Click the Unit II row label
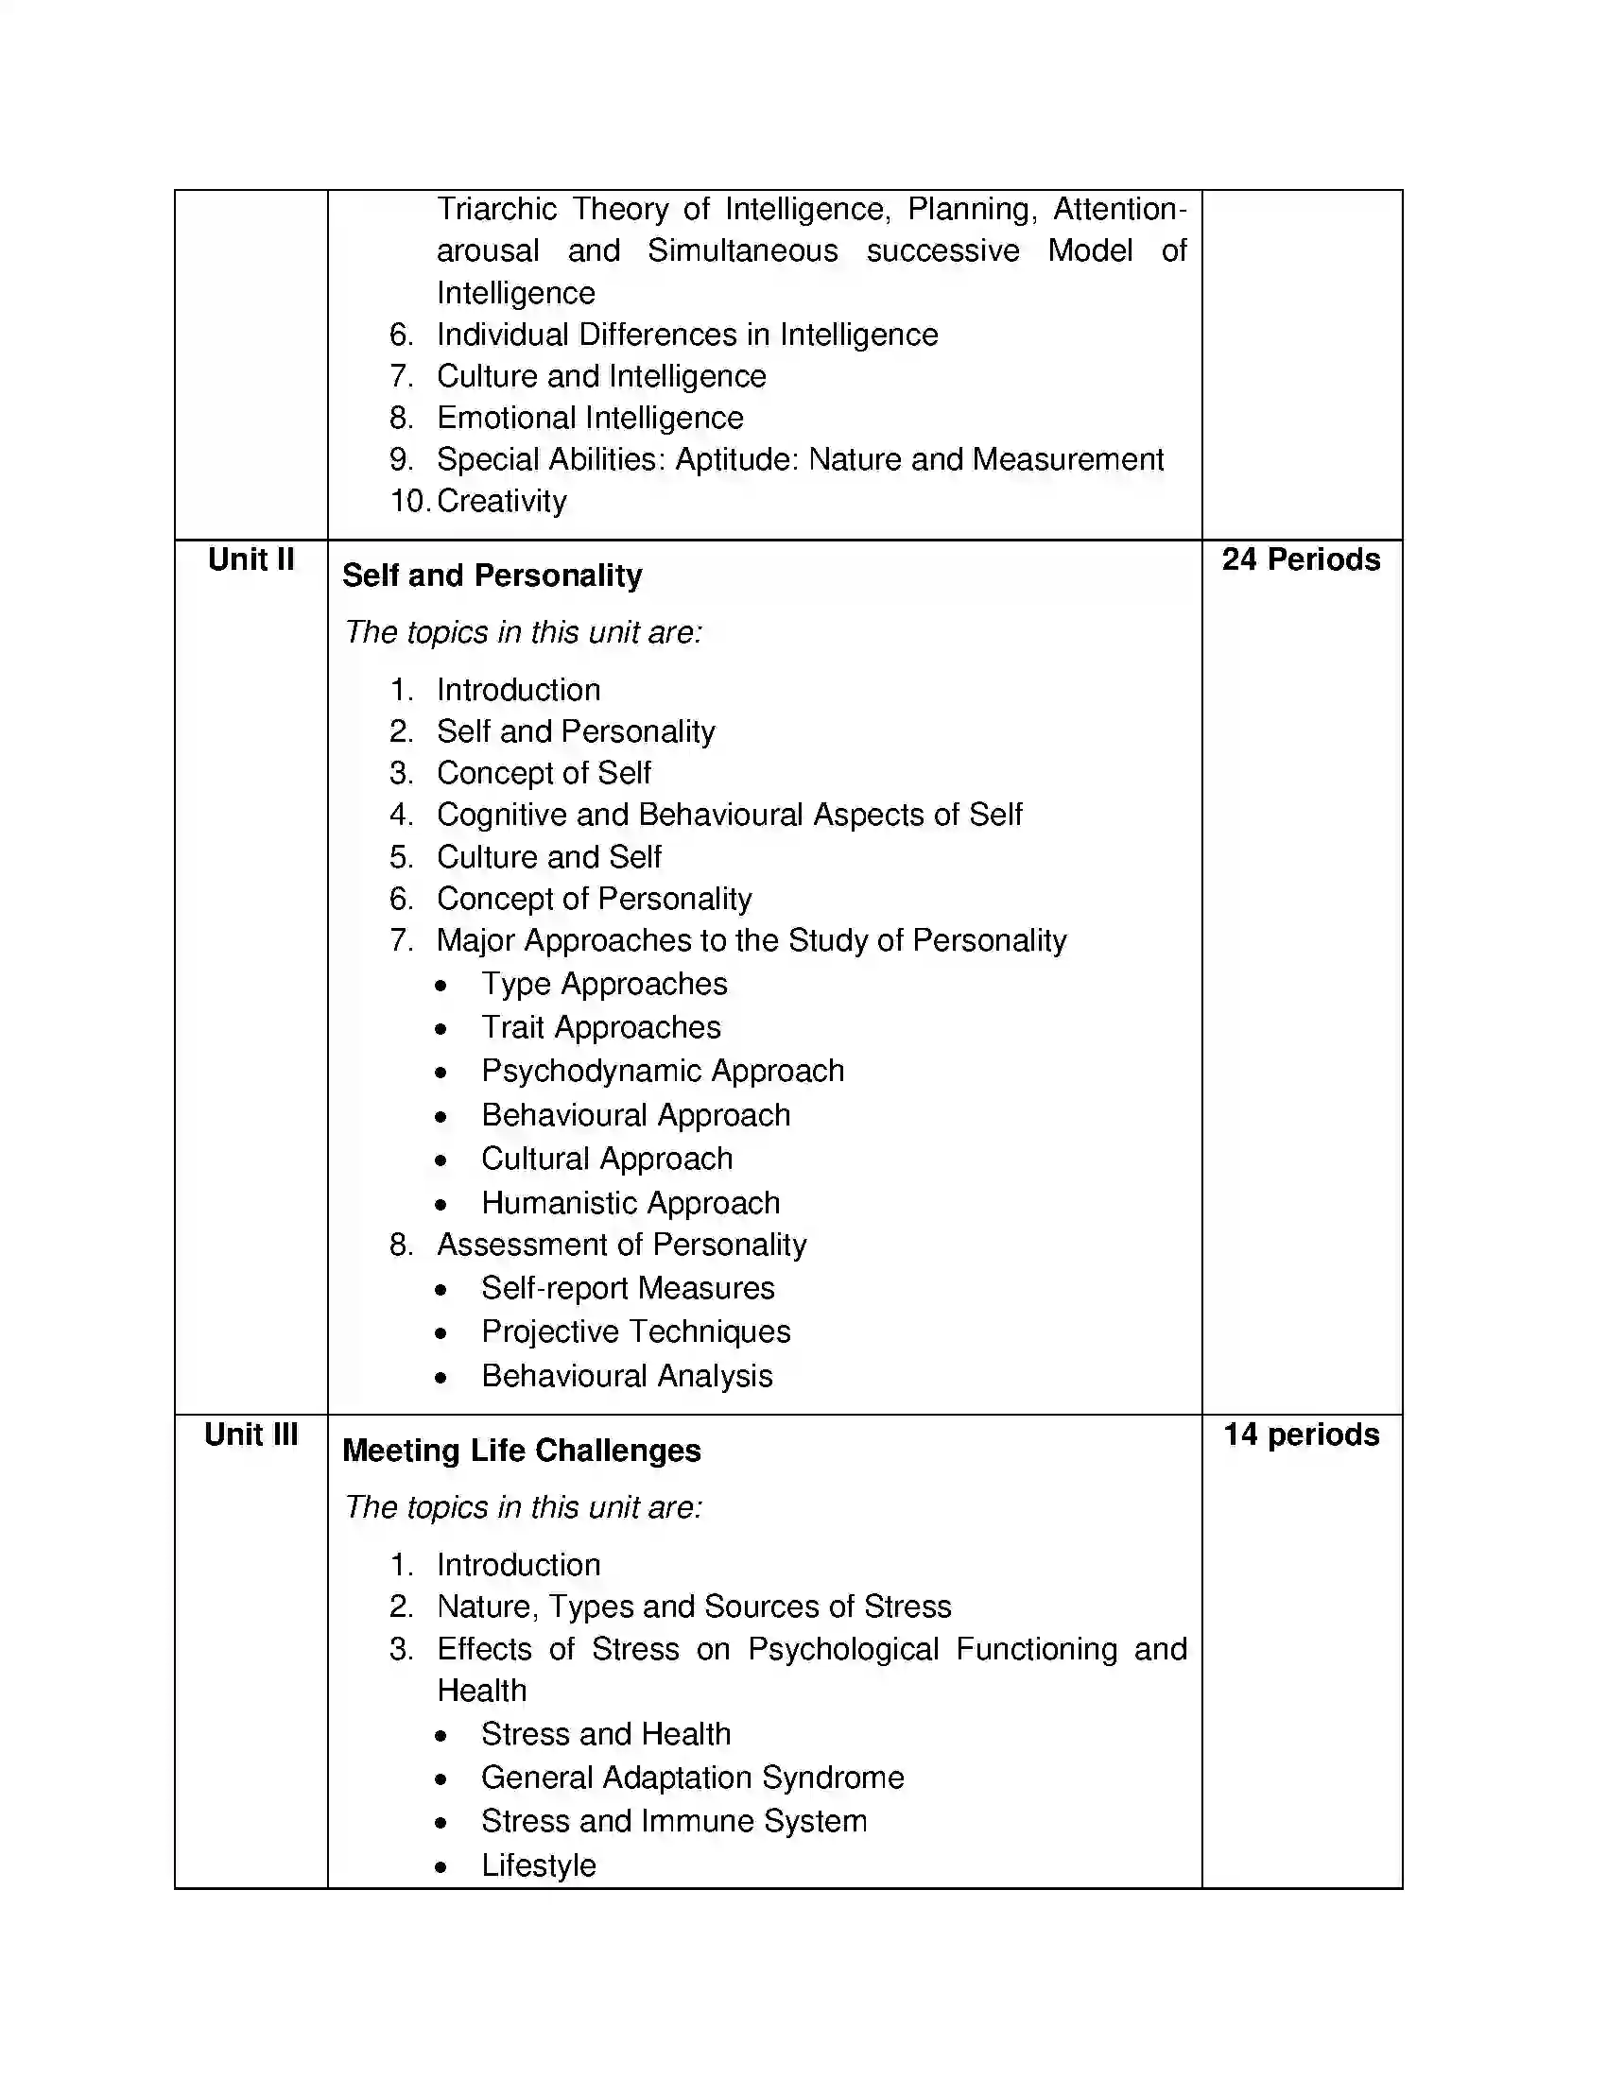click(251, 558)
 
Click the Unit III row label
click(251, 1434)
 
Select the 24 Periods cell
click(1301, 558)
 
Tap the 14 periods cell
click(1301, 1434)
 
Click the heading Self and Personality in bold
click(492, 575)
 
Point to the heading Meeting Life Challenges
click(521, 1450)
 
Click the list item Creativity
click(501, 501)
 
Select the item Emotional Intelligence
click(589, 417)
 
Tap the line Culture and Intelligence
click(600, 376)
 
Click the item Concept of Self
click(543, 773)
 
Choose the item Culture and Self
click(548, 857)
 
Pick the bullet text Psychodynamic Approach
click(662, 1071)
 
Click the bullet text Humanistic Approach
click(630, 1202)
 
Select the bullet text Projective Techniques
click(635, 1331)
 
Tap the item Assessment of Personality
click(621, 1245)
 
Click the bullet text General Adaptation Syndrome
click(692, 1778)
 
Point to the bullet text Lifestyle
click(538, 1864)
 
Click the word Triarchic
click(496, 210)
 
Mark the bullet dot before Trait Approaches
click(440, 1029)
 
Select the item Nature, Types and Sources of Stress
click(693, 1606)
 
